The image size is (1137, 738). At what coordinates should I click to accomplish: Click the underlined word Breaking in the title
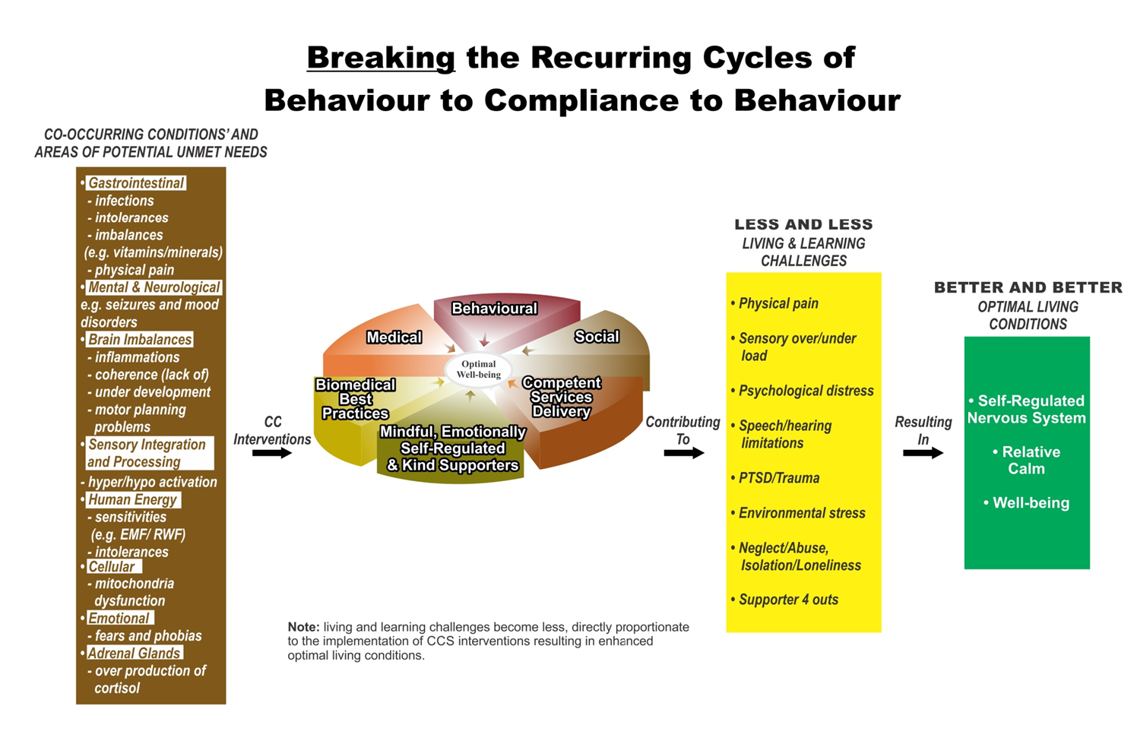pos(381,59)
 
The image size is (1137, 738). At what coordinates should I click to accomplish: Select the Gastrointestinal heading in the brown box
pos(136,183)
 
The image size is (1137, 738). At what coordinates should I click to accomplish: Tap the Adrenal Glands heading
pos(134,653)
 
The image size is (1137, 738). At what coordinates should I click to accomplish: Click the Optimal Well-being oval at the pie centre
pos(479,369)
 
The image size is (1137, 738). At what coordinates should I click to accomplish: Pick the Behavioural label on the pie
pos(494,309)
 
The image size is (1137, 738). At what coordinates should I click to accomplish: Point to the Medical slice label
pos(394,337)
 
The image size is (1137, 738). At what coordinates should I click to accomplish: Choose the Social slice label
pos(597,337)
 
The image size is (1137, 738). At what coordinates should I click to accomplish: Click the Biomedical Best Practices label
pos(356,399)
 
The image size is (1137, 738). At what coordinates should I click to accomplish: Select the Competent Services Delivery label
pos(562,397)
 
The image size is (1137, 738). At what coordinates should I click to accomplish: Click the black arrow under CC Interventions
pos(272,453)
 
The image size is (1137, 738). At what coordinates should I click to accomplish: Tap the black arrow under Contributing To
pos(684,453)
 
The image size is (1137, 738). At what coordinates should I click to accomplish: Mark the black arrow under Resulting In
pos(923,453)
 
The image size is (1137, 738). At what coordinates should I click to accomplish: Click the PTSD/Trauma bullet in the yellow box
pos(775,478)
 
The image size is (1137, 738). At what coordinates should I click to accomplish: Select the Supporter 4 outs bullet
pos(784,600)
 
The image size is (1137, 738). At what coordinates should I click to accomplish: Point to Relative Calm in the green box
pos(1026,460)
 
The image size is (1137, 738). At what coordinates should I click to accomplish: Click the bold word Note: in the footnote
pos(303,627)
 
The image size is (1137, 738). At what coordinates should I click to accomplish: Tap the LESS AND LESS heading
pos(803,224)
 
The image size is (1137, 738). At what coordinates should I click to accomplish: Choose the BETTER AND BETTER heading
pos(1028,287)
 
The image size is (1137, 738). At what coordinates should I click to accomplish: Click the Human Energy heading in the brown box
pos(132,500)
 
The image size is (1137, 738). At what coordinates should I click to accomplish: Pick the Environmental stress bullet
pos(798,513)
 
